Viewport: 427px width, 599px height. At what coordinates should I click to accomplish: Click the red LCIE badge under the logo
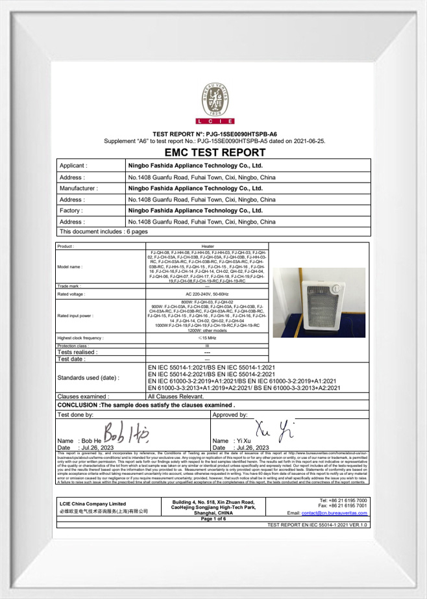click(x=214, y=121)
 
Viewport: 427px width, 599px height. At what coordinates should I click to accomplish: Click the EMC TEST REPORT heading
click(x=215, y=153)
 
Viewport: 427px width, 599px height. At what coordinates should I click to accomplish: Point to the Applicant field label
click(x=73, y=166)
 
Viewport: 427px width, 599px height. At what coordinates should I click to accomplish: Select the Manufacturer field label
click(x=79, y=188)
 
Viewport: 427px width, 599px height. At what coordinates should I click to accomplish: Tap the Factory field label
click(x=71, y=210)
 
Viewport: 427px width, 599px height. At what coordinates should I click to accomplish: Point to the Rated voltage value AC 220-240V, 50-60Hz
click(x=208, y=294)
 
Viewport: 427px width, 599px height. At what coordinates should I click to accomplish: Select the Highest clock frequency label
click(x=80, y=338)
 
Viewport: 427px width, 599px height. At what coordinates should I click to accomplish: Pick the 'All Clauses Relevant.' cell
click(x=177, y=396)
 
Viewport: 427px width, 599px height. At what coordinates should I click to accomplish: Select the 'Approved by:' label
click(x=230, y=414)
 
